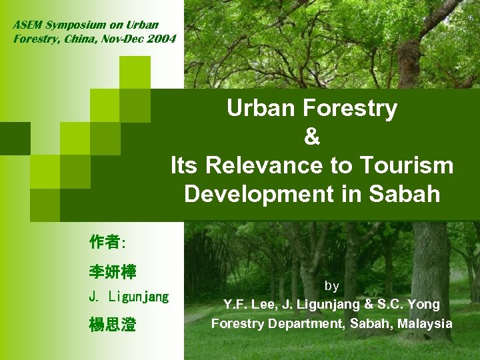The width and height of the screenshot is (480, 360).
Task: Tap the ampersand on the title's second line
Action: pos(311,137)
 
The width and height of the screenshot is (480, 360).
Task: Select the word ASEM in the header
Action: pos(27,25)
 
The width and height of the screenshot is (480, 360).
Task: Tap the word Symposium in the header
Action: pos(74,25)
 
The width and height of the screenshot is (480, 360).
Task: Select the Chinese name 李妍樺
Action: pos(112,272)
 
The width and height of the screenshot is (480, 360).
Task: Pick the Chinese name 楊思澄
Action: pos(112,325)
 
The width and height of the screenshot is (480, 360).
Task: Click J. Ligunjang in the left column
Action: pos(129,297)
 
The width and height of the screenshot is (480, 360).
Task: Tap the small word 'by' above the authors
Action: pos(331,286)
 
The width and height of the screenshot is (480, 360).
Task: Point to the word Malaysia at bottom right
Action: pos(424,324)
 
